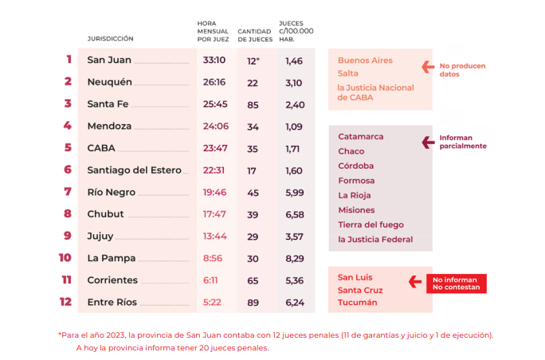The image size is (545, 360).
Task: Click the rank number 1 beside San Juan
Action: [x=69, y=60]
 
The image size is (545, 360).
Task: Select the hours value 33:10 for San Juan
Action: [x=214, y=60]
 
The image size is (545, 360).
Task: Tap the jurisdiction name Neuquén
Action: [x=109, y=82]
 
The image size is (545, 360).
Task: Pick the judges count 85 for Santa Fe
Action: [x=253, y=104]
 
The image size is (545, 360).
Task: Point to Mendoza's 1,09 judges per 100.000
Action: [x=294, y=126]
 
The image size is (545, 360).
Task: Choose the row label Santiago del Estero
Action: [x=134, y=170]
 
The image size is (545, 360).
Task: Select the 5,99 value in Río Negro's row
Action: [x=294, y=192]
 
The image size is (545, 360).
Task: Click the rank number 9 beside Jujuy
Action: [x=69, y=236]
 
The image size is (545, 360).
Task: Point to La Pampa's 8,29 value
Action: [x=294, y=258]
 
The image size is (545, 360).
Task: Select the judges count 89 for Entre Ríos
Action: [x=253, y=302]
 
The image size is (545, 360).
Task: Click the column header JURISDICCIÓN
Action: [x=111, y=38]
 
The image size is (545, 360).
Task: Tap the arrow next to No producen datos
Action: [x=425, y=67]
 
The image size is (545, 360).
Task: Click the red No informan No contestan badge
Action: [x=456, y=284]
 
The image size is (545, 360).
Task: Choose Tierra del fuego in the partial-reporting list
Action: [x=371, y=225]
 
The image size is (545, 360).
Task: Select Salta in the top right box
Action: [x=349, y=73]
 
